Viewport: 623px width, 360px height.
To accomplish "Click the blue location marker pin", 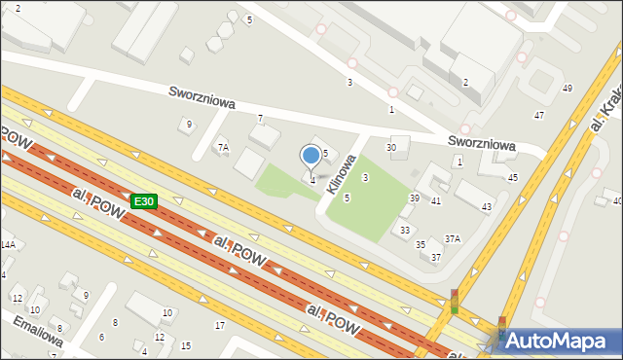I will pos(311,155).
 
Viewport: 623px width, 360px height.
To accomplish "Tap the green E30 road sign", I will pos(144,201).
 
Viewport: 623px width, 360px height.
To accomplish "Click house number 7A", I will pos(223,148).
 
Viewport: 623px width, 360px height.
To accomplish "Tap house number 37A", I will pos(453,238).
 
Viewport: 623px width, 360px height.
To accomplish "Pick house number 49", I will pos(568,89).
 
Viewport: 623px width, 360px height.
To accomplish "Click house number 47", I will pos(538,116).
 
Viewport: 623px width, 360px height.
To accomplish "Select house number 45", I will pos(513,177).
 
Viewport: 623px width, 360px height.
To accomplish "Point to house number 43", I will pos(487,207).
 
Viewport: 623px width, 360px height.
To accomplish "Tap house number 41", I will pos(436,200).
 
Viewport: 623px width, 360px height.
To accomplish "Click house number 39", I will pos(414,198).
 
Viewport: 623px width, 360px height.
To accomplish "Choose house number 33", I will pos(405,231).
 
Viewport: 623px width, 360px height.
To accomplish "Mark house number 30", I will pos(391,147).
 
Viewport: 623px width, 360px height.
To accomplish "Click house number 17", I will pos(220,325).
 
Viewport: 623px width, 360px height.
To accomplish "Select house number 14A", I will pos(8,245).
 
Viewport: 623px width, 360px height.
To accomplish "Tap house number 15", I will pos(186,346).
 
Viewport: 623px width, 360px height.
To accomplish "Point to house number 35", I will pos(421,244).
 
